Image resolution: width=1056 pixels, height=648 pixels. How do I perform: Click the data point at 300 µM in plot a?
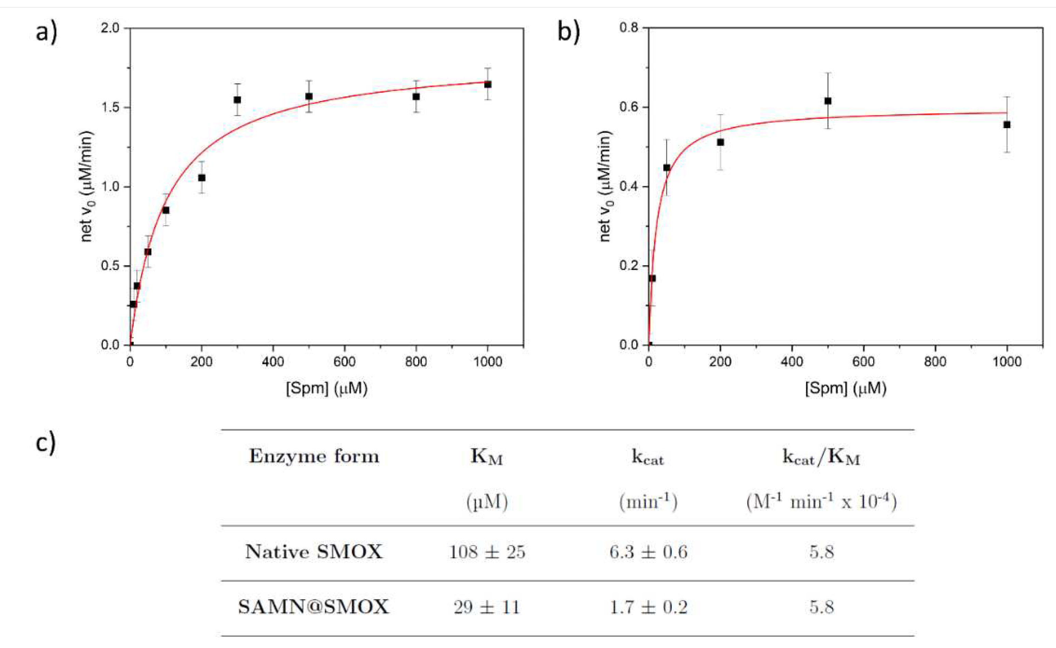click(237, 100)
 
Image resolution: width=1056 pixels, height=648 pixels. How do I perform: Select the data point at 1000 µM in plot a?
click(488, 84)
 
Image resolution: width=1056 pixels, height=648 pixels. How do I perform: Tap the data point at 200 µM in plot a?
click(201, 177)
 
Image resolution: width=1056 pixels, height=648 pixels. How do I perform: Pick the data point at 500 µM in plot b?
click(828, 101)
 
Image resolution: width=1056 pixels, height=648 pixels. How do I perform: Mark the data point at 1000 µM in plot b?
click(1007, 125)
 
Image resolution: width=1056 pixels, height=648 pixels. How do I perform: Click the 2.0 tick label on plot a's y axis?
click(110, 28)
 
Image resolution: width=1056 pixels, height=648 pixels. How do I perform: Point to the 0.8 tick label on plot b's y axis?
click(629, 28)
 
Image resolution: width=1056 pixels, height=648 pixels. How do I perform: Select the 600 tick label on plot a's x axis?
click(344, 362)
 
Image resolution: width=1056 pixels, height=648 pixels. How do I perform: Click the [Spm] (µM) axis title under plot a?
click(326, 388)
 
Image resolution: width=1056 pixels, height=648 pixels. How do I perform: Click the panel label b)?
click(568, 32)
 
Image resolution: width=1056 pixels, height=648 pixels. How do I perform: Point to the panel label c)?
click(45, 443)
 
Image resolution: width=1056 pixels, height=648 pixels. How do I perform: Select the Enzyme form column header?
click(314, 456)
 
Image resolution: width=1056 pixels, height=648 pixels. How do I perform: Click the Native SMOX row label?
click(314, 552)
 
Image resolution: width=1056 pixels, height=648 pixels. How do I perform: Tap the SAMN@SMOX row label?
click(314, 607)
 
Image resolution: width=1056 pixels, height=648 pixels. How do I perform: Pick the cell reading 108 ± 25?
click(487, 552)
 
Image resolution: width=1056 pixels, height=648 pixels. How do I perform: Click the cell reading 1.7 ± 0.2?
click(648, 607)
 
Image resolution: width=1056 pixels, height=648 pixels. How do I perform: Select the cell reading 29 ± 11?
click(487, 607)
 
